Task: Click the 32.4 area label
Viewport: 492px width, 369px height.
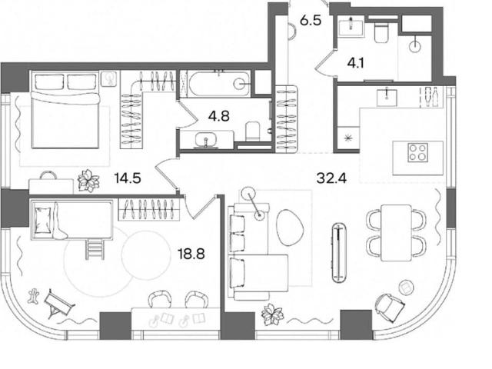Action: [x=331, y=179]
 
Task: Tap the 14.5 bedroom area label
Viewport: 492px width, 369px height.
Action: [x=128, y=178]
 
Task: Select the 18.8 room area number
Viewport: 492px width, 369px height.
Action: [x=191, y=254]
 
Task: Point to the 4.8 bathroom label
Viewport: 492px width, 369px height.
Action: [x=218, y=116]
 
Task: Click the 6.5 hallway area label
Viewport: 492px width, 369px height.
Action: [x=311, y=21]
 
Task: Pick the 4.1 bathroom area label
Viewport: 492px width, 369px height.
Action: [x=355, y=64]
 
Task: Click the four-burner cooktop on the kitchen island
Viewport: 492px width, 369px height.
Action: [x=417, y=152]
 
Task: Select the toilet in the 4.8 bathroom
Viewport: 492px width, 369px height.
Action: [x=253, y=131]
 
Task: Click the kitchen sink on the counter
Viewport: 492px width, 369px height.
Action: [x=387, y=98]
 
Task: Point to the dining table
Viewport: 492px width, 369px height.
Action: [x=397, y=232]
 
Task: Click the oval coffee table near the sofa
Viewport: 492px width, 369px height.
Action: [x=290, y=228]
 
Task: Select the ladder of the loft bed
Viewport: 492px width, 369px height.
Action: [x=95, y=249]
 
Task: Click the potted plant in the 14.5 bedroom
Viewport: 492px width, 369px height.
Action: [x=88, y=181]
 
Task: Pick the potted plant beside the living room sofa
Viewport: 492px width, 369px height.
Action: [x=272, y=314]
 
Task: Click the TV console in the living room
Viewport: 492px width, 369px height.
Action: [x=339, y=253]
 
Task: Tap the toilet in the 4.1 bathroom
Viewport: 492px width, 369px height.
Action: [x=382, y=33]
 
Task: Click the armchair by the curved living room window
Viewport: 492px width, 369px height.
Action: [x=389, y=305]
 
